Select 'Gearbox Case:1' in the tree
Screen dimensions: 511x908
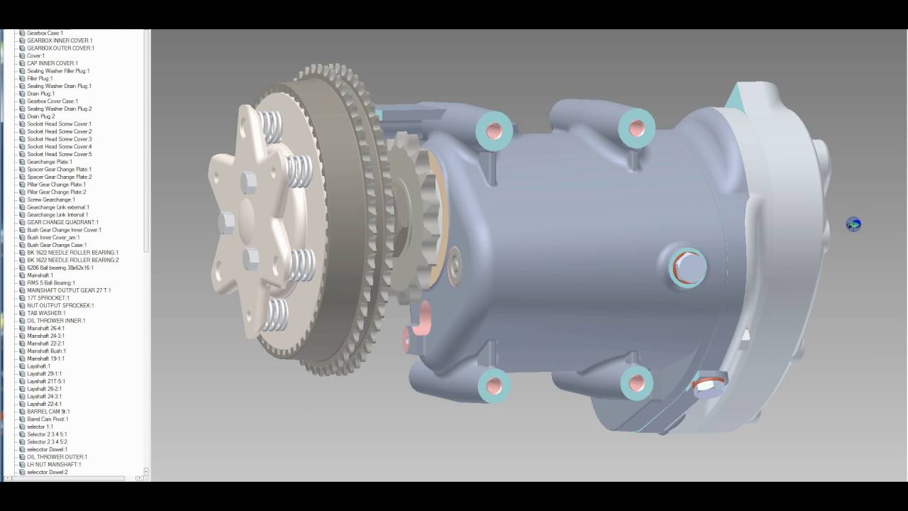point(45,33)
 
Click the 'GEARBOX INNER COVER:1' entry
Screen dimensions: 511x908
point(59,40)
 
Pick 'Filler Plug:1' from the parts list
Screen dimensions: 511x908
point(40,79)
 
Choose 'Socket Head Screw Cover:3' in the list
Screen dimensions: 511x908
point(59,139)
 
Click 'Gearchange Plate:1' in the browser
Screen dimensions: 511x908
point(50,162)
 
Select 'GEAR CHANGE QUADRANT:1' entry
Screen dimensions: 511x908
point(62,222)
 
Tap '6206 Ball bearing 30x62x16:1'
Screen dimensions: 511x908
point(60,268)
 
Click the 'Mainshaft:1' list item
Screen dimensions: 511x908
point(40,275)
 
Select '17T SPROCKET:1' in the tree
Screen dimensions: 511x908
point(48,298)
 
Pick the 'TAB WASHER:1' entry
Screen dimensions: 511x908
point(46,313)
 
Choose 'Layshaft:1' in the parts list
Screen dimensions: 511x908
point(39,366)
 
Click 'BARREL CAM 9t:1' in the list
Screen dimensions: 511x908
point(48,412)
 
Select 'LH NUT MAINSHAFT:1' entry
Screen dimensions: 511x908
point(54,464)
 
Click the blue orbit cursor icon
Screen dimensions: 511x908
point(853,224)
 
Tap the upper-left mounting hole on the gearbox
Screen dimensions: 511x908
point(494,131)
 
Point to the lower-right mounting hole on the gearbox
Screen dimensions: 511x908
point(636,383)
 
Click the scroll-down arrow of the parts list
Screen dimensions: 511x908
point(146,471)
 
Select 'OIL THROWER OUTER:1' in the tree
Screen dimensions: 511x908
point(57,457)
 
